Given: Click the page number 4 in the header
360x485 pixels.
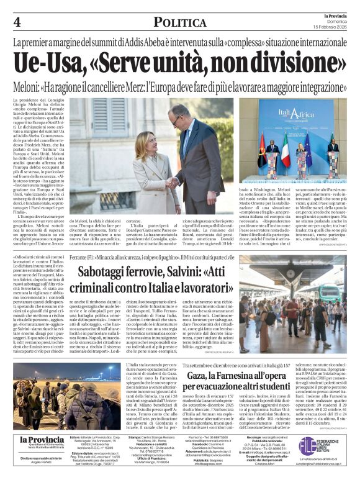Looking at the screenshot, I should (x=17, y=22).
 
